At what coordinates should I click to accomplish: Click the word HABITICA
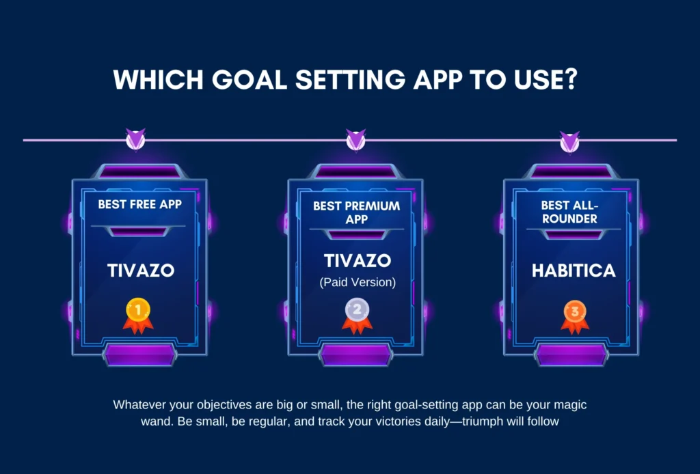click(x=574, y=270)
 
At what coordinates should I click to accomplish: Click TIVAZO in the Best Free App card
click(x=141, y=270)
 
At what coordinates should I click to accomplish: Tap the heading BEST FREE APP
click(x=140, y=204)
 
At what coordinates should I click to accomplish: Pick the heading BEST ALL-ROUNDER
click(x=569, y=212)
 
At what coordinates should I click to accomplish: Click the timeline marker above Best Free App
click(x=135, y=141)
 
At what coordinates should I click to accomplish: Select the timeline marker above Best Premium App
click(x=355, y=141)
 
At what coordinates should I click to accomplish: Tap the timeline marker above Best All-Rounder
click(x=569, y=141)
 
